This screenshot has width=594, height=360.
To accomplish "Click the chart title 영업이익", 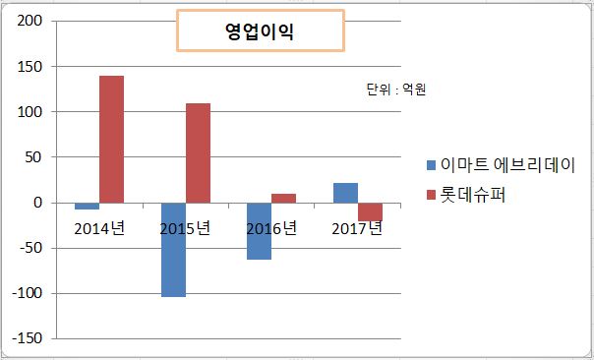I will [x=260, y=30].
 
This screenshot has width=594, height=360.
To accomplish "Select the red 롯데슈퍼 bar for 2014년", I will [x=111, y=139].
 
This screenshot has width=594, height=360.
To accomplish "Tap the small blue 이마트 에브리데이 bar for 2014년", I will [x=87, y=207].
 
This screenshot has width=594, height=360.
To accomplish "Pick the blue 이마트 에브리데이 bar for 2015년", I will [x=173, y=250].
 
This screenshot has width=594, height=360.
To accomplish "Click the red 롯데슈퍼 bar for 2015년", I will [x=198, y=152].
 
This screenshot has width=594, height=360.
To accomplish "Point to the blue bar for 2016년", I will [x=259, y=231].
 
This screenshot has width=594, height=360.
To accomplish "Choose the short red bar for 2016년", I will [x=283, y=198].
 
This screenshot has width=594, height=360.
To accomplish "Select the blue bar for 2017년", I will [x=345, y=193].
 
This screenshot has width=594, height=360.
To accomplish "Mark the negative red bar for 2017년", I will [x=370, y=211].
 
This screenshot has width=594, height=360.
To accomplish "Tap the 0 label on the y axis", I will [x=39, y=203].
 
